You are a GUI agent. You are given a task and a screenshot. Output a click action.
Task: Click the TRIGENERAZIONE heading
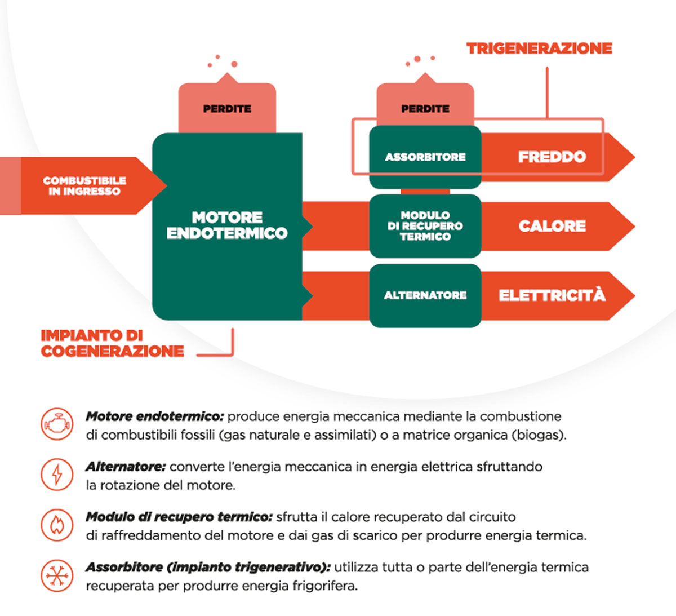[x=539, y=48]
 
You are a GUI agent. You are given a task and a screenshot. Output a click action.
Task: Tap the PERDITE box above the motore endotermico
[x=227, y=108]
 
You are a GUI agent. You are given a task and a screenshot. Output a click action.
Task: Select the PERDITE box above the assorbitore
[x=425, y=108]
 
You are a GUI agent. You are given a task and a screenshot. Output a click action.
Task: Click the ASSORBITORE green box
[x=425, y=157]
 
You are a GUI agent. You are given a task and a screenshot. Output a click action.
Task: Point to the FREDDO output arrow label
[x=552, y=157]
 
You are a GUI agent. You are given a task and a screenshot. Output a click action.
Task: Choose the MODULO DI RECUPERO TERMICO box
[x=425, y=226]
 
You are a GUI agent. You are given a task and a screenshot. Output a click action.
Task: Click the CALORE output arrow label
[x=552, y=226]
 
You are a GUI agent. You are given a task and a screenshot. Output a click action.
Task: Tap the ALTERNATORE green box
[x=425, y=295]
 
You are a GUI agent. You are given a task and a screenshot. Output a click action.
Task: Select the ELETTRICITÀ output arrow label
[x=552, y=295]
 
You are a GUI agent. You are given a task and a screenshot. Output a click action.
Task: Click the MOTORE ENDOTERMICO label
[x=227, y=225]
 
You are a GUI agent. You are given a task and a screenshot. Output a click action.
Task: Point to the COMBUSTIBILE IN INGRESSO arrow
[x=84, y=186]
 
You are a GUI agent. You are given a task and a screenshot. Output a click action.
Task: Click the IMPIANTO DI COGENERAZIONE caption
[x=112, y=343]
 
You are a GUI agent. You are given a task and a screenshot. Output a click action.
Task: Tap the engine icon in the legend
[x=57, y=424]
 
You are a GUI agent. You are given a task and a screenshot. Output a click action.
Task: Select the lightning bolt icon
[x=57, y=474]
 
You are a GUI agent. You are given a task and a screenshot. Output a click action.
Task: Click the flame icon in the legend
[x=57, y=525]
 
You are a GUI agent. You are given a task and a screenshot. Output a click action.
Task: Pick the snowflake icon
[x=57, y=575]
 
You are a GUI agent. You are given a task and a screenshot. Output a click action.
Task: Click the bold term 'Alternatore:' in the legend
[x=126, y=467]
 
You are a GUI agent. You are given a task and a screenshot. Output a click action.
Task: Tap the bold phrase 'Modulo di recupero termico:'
[x=179, y=517]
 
